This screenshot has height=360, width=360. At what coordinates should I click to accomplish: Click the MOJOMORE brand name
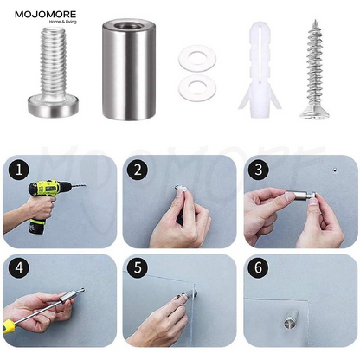pos(46,14)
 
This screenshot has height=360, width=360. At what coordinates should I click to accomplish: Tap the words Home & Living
pos(62,22)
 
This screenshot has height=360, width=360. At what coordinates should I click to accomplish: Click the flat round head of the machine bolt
pos(53,106)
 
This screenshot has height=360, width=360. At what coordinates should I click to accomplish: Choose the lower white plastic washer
pos(197,87)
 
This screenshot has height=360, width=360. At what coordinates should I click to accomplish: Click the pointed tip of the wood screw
pos(315,20)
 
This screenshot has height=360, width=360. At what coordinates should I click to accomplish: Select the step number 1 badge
pos(19,170)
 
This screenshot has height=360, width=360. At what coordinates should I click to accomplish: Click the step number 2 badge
pos(138,170)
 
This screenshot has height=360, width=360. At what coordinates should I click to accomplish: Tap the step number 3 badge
pos(259,170)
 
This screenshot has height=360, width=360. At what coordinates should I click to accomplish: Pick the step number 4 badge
pos(19,267)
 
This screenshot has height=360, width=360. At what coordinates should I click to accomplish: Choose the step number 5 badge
pos(138,267)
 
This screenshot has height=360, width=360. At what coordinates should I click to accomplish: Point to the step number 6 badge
pos(259,267)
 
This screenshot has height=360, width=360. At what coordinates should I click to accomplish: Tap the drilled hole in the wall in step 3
pos(335,170)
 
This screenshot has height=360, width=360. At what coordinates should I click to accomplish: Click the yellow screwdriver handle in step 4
pos(9,328)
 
